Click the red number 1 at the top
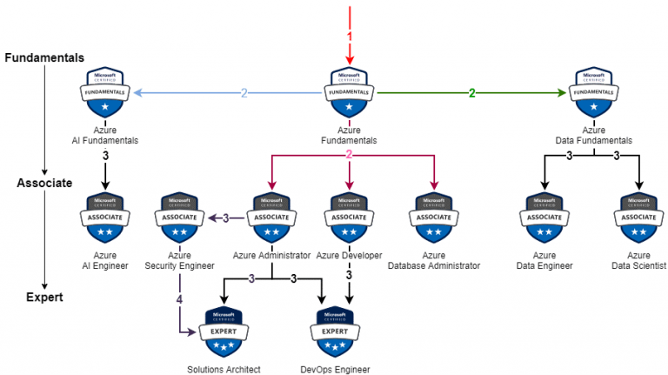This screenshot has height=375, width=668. pyautogui.click(x=349, y=37)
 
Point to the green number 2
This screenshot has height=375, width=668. pyautogui.click(x=471, y=93)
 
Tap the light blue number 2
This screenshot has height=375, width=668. pyautogui.click(x=244, y=93)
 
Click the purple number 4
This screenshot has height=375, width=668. pyautogui.click(x=180, y=300)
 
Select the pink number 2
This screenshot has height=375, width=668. pyautogui.click(x=349, y=155)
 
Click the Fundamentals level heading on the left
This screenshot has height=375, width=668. pyautogui.click(x=44, y=57)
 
